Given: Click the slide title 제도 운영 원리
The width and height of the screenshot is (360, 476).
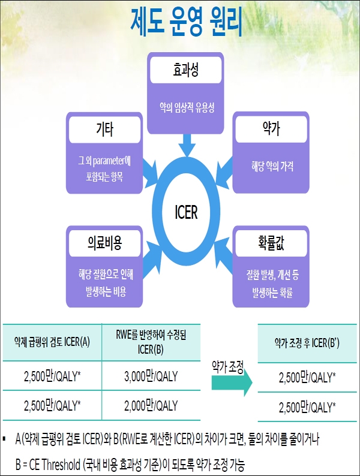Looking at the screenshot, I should (185, 22).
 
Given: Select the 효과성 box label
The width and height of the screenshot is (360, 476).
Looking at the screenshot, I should (185, 71).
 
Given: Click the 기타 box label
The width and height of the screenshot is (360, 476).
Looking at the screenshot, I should (104, 129).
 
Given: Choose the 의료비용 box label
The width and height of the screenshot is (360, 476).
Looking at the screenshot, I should (104, 245).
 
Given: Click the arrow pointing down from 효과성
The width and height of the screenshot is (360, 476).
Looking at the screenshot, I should (186, 142).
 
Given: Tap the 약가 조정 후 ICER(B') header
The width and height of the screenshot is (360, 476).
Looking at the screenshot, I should (308, 342).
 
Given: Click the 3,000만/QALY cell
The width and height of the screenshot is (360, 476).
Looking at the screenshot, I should (150, 377).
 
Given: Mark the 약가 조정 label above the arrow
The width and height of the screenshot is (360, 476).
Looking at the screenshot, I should (229, 366).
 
